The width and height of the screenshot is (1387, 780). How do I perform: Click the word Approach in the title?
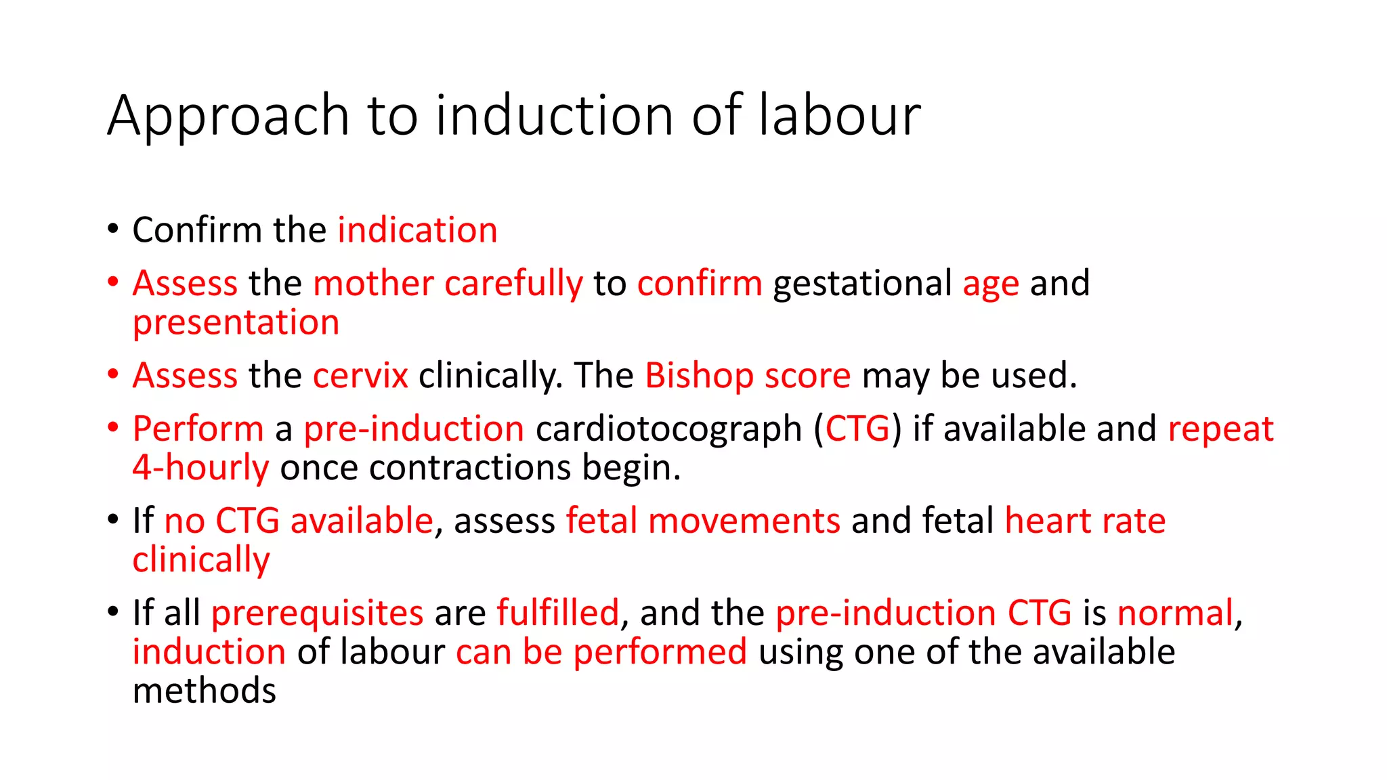[228, 116]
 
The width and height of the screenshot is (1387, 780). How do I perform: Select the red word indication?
[417, 230]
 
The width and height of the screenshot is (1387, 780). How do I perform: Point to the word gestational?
[862, 284]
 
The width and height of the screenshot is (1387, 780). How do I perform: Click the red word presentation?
[236, 323]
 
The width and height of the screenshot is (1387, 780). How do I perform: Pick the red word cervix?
[360, 376]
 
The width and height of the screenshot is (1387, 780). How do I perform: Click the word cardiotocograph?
[668, 429]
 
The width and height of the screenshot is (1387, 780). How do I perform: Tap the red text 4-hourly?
[200, 468]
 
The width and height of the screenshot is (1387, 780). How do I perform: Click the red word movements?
[744, 521]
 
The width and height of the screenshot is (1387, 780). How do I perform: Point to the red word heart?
[1047, 521]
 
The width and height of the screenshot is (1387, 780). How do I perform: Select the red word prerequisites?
[317, 613]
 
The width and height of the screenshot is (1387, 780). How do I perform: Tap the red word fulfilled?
[557, 613]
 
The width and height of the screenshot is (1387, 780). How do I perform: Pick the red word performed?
[660, 653]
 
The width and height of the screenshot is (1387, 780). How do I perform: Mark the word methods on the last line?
[205, 691]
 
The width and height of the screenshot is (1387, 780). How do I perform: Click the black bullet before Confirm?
[113, 228]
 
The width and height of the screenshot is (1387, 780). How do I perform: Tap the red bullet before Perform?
[113, 427]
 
